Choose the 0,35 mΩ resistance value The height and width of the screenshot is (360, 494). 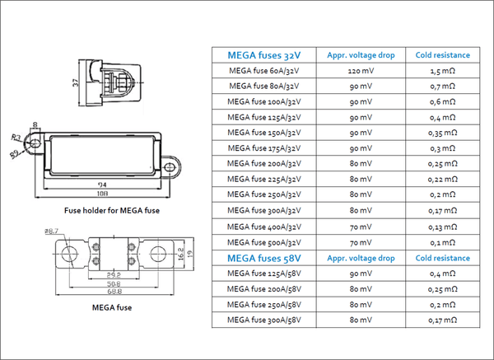coord(442,132)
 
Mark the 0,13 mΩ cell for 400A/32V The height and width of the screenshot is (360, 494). coord(442,227)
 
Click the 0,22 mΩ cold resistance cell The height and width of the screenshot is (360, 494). coord(442,179)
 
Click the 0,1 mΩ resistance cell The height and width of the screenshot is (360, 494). coord(442,243)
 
